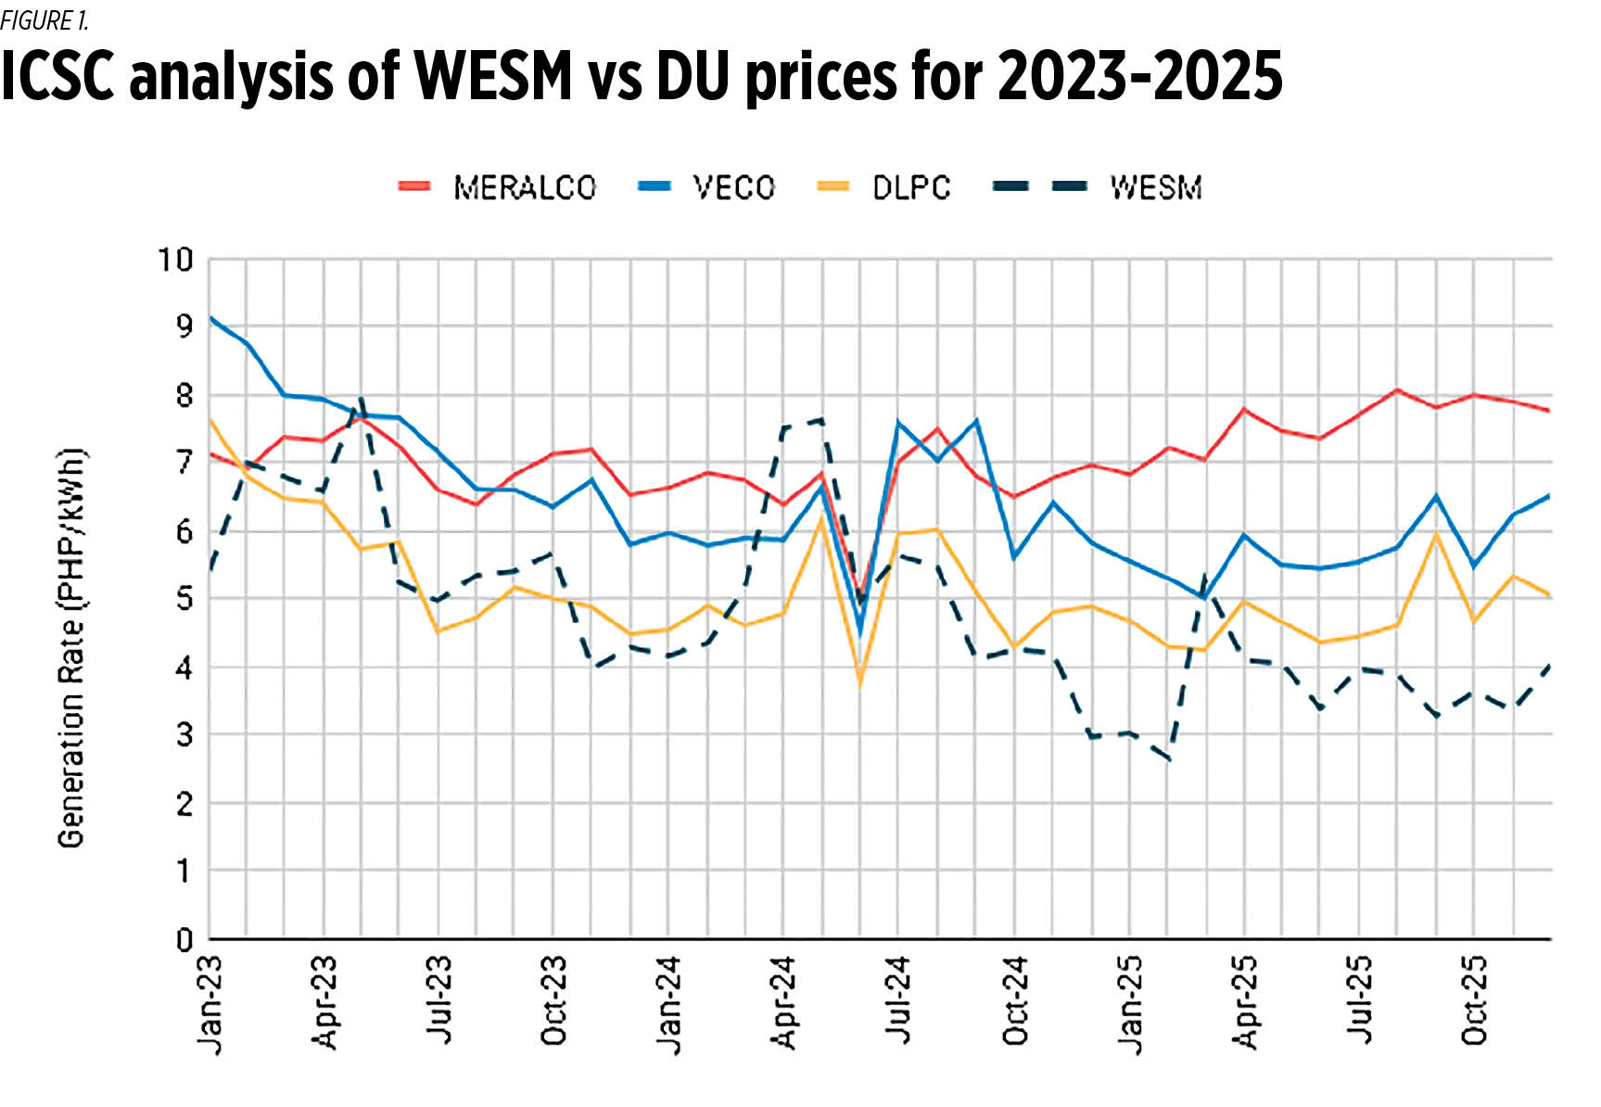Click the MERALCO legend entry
[x=524, y=187]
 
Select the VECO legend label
[x=733, y=187]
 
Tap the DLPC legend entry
[x=910, y=187]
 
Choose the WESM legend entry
[x=1155, y=187]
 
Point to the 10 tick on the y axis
[x=174, y=260]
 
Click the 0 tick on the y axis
[x=184, y=939]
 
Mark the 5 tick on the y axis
[x=184, y=599]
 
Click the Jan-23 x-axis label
[x=210, y=1005]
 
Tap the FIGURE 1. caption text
[x=44, y=20]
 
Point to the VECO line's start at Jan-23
[x=210, y=318]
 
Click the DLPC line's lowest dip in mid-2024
[x=860, y=685]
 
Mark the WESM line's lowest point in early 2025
[x=1170, y=760]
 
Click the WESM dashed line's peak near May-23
[x=361, y=399]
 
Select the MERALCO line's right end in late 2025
[x=1550, y=411]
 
